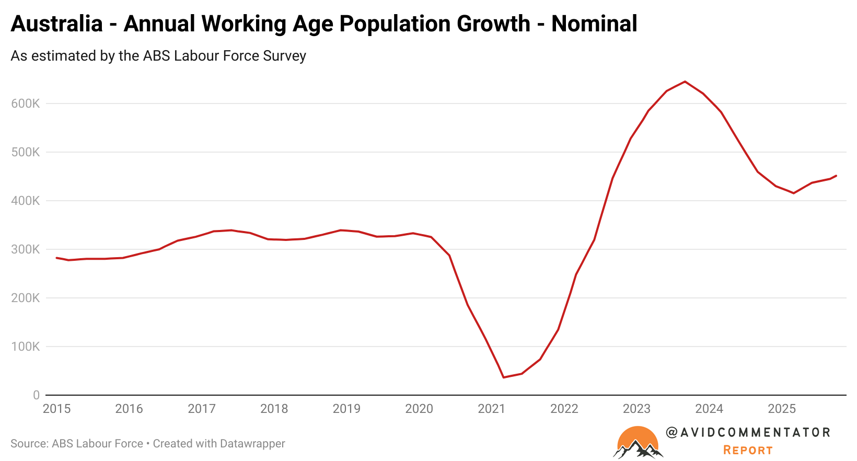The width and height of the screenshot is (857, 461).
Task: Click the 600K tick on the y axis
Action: click(25, 103)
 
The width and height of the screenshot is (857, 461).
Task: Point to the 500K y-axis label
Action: click(25, 152)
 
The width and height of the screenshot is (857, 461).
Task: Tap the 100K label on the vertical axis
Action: click(25, 347)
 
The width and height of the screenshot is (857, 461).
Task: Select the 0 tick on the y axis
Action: click(36, 395)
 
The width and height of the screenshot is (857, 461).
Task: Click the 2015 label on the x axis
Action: click(56, 409)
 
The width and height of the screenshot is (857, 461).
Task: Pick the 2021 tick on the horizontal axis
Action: click(491, 409)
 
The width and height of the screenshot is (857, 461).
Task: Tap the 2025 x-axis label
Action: click(781, 409)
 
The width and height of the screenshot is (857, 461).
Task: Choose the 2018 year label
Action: click(274, 409)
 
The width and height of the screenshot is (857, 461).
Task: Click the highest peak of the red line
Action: click(685, 82)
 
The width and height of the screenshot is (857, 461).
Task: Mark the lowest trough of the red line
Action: click(503, 377)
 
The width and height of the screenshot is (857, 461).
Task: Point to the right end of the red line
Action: click(836, 176)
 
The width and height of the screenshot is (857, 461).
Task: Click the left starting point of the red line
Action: click(56, 258)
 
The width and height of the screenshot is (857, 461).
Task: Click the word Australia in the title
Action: click(56, 24)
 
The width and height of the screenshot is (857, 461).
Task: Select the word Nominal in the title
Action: click(594, 24)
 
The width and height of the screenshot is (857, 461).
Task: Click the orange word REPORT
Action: click(748, 451)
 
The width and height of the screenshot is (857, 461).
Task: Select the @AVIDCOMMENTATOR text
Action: click(748, 432)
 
